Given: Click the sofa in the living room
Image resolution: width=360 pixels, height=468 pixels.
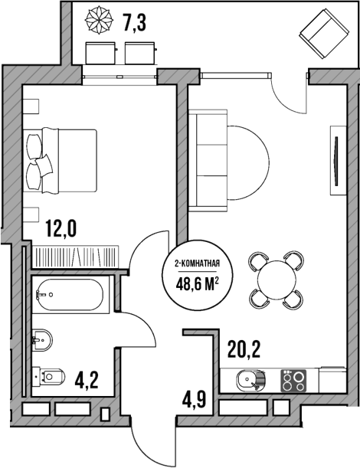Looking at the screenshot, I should pyautogui.click(x=208, y=159).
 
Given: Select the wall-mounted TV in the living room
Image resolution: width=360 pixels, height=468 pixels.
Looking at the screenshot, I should pyautogui.click(x=335, y=159).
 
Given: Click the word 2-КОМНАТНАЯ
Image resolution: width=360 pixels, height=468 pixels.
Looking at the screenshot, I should pyautogui.click(x=198, y=264).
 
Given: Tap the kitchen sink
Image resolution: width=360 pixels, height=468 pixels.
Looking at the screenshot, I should pyautogui.click(x=249, y=380).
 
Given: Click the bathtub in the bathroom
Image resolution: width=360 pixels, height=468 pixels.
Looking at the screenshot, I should pyautogui.click(x=70, y=293).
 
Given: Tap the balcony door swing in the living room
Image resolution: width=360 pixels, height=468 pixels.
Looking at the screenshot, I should pyautogui.click(x=290, y=92).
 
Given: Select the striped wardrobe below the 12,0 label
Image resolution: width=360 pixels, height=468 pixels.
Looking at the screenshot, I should pyautogui.click(x=75, y=254).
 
